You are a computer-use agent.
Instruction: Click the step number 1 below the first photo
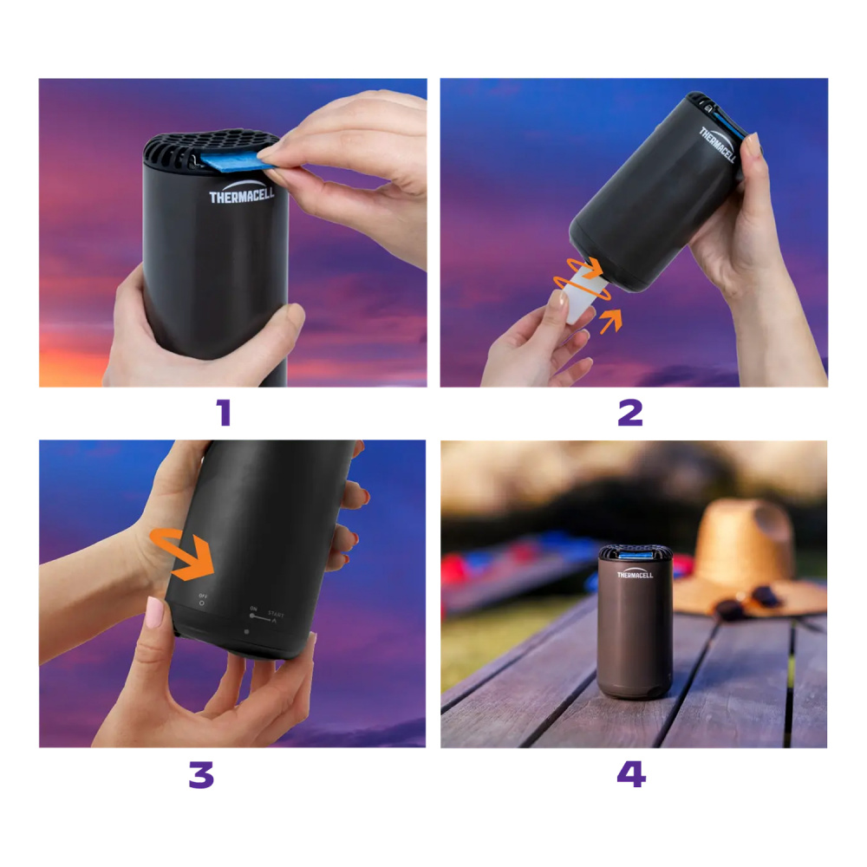click(x=224, y=414)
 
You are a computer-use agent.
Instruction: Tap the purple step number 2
click(x=630, y=414)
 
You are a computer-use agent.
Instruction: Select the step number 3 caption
click(x=200, y=774)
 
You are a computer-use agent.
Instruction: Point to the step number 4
click(x=631, y=774)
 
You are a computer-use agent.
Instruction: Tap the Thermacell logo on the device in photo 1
click(x=241, y=196)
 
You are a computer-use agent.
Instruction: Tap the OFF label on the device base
click(x=203, y=596)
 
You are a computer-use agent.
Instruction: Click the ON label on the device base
click(x=253, y=610)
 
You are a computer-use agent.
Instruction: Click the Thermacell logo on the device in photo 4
click(x=635, y=574)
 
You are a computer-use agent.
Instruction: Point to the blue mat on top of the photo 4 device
click(x=636, y=552)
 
